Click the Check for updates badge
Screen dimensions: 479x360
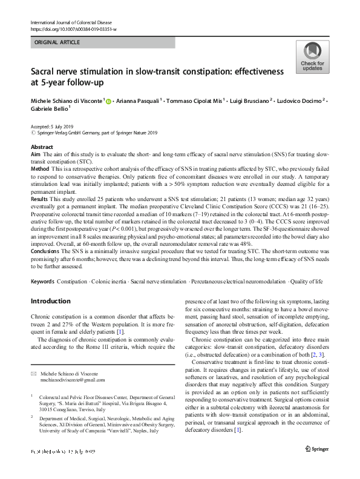tap(312, 59)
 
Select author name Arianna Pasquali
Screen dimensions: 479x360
tap(137, 102)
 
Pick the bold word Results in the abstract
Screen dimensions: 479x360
tap(40, 198)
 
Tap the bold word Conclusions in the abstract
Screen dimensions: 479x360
tap(46, 252)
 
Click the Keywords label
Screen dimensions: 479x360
tap(42, 282)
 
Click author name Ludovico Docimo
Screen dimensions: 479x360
tap(301, 102)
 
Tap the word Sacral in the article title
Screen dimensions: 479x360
tap(44, 72)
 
